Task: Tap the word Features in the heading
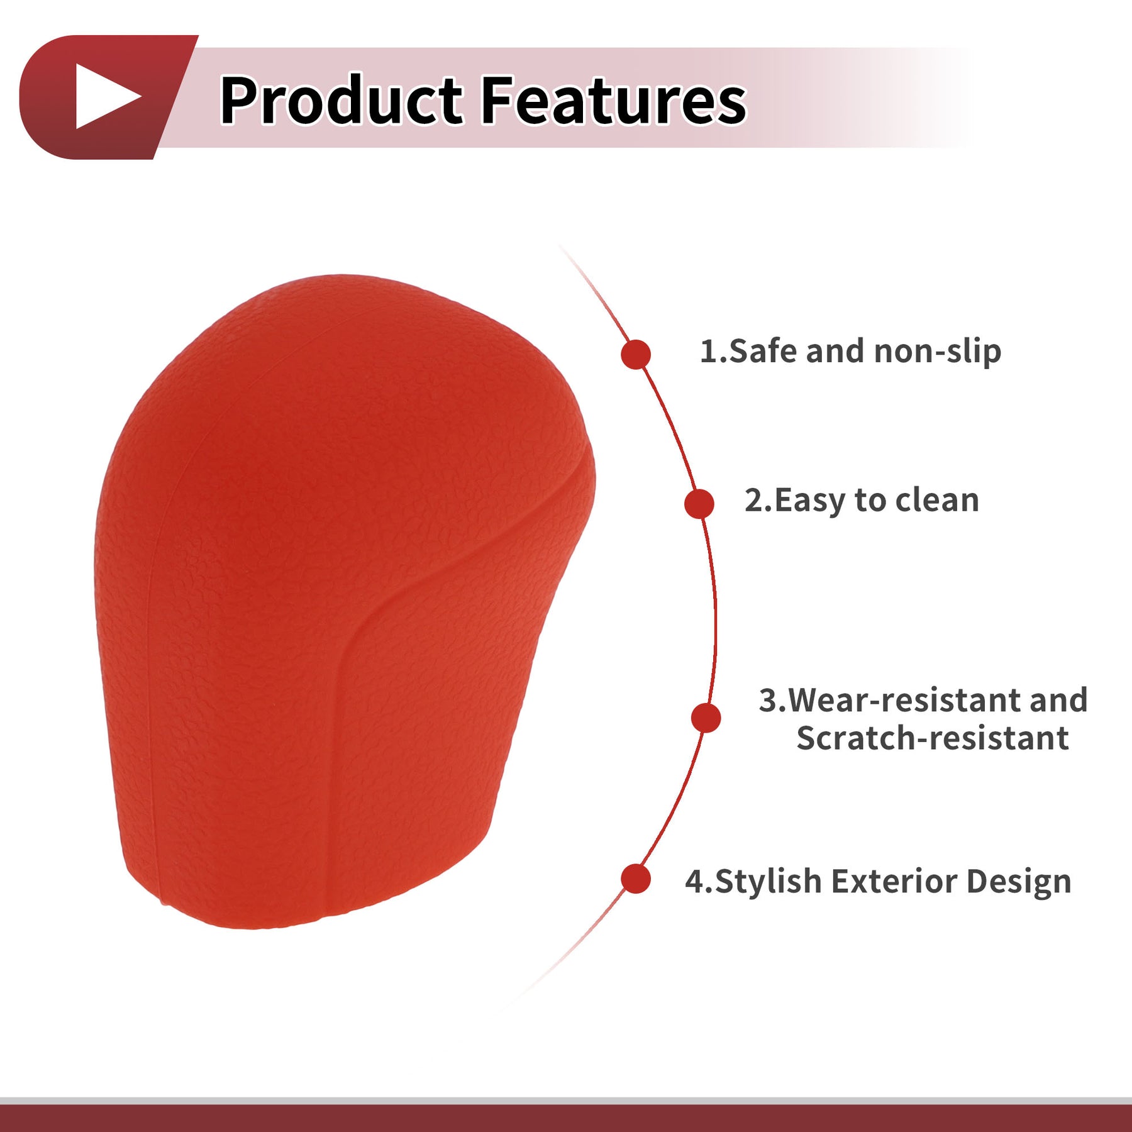pos(614,99)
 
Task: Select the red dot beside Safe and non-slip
pos(635,354)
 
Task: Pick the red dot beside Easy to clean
pos(699,504)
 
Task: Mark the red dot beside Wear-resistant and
pos(706,718)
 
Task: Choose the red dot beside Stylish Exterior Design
pos(635,879)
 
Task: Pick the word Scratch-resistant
pos(933,738)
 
